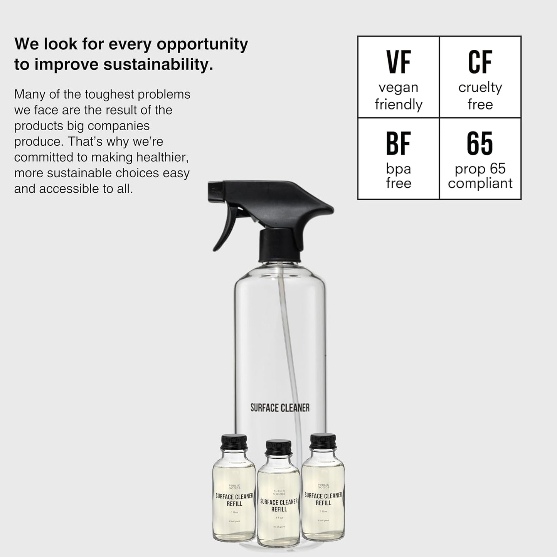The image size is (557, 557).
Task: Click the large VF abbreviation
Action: coord(399,62)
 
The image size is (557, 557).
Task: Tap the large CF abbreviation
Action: coord(480,62)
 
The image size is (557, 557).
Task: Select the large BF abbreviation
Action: coord(399,143)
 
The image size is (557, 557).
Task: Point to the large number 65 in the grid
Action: coord(480,143)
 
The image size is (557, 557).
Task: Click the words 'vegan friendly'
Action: coord(399,96)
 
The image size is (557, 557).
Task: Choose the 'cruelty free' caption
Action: coord(480,96)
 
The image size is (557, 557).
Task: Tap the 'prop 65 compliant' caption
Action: coord(480,176)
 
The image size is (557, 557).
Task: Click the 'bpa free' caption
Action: coord(399,176)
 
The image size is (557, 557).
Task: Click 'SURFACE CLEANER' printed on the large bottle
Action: coord(280,408)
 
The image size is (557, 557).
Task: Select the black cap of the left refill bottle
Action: coord(234,442)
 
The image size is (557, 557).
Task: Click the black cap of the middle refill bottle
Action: coord(279,447)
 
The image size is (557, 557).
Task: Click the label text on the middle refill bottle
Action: coord(279,505)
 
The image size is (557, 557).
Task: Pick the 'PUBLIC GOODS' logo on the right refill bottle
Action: coord(323,486)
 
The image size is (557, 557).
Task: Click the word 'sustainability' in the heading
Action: coord(158,64)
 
